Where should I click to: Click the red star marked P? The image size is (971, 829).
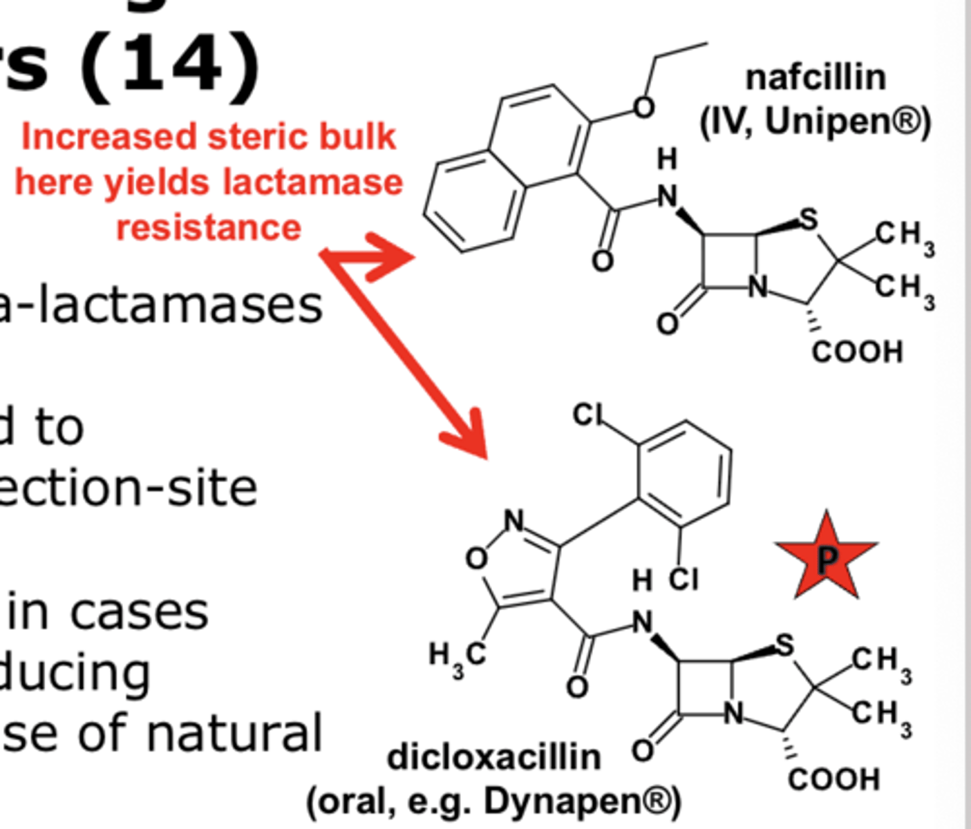(826, 558)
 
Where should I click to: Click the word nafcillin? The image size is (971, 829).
(816, 77)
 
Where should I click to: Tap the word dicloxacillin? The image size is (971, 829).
(494, 757)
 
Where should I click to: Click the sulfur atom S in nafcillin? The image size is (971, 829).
(808, 220)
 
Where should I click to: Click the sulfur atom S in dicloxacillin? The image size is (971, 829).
(784, 645)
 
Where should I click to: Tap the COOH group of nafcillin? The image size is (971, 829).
(857, 352)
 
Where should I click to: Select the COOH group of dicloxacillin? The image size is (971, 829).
(833, 779)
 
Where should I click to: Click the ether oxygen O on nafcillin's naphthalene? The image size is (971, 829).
(643, 107)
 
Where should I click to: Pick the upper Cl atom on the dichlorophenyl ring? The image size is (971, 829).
(588, 415)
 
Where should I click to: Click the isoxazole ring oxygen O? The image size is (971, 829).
(476, 558)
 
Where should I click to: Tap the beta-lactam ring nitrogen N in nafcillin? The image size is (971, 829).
(759, 286)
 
